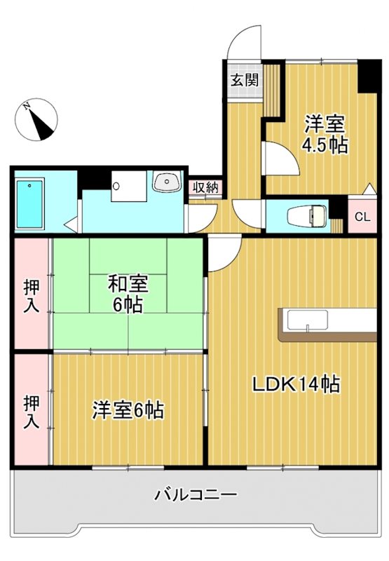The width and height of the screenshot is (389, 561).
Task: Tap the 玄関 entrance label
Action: coord(245,79)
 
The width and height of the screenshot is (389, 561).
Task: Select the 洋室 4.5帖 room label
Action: coord(325,135)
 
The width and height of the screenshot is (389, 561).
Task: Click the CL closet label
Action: coord(362,217)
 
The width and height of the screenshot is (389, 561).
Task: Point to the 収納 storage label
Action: coord(205,188)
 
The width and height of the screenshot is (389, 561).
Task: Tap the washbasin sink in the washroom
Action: coord(168,182)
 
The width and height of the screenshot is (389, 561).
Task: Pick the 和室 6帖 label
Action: coord(128,295)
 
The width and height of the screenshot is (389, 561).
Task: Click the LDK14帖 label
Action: coord(296,384)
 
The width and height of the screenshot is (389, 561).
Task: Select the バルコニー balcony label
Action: coord(196,494)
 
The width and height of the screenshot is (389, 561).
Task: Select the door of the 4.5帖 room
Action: coord(280,158)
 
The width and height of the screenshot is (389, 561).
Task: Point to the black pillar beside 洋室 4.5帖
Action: coord(367,76)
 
